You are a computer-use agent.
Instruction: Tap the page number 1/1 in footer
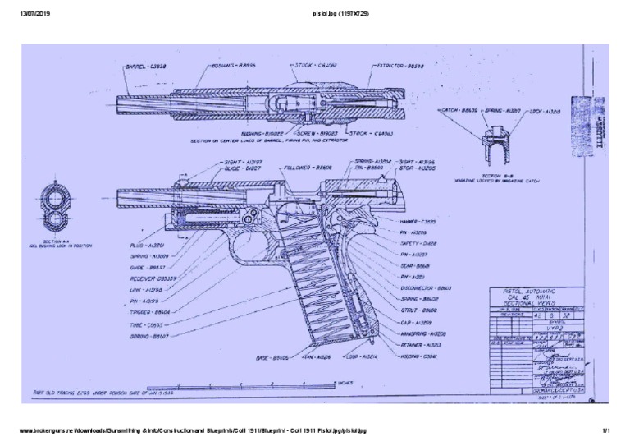click(x=608, y=429)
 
